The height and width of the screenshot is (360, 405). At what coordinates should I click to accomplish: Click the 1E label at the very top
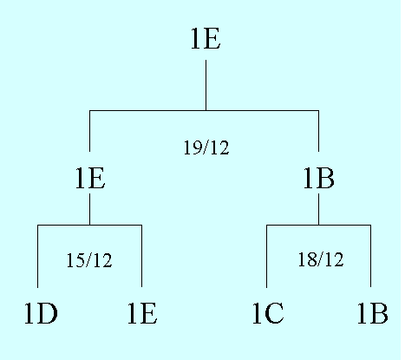point(206,38)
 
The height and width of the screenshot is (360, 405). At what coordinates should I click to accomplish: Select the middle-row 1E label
point(90,179)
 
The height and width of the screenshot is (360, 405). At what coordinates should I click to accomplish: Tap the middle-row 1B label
point(319,179)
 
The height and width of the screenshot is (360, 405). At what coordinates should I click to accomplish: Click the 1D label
point(41,313)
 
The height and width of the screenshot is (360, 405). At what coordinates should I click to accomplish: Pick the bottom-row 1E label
point(142,313)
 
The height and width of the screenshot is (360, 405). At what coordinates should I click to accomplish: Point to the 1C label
point(268,313)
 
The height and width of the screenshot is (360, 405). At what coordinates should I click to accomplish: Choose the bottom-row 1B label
point(372,313)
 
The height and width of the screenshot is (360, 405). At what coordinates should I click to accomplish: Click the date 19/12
point(206,147)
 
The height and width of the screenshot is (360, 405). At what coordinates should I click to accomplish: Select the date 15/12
point(89,260)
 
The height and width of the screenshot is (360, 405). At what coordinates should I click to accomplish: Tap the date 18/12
point(321,259)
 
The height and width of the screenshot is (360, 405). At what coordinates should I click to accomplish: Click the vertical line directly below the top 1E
point(206,85)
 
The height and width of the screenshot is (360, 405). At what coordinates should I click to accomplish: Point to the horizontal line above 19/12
point(204,110)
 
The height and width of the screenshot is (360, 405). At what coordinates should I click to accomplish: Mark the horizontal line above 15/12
point(89,225)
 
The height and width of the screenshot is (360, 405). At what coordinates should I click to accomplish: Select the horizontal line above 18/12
point(318,225)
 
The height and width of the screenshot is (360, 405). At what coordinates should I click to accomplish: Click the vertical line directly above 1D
point(37,256)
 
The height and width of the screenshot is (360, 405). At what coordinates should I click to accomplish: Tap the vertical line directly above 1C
point(266,256)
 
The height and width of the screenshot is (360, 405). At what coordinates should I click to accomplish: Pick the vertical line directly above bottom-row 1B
point(370,256)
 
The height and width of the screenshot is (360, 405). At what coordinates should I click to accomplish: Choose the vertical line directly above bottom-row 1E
point(141,256)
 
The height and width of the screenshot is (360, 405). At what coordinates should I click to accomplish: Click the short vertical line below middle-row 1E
point(89,209)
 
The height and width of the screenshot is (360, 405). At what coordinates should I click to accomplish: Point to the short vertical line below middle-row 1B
point(319,209)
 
